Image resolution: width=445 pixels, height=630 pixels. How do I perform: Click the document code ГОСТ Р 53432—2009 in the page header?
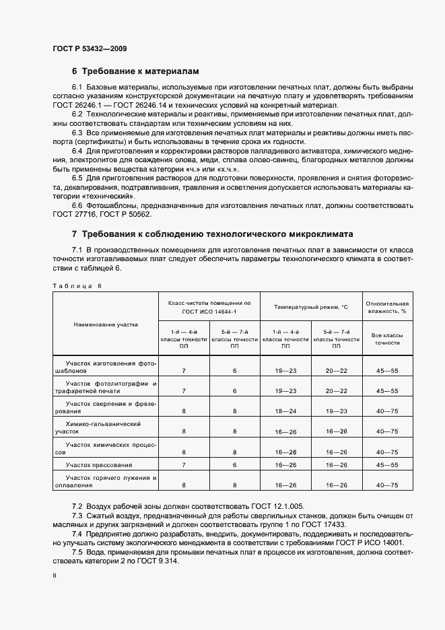89,48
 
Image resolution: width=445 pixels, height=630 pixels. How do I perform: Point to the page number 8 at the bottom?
54,575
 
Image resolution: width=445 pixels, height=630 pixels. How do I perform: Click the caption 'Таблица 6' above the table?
77,286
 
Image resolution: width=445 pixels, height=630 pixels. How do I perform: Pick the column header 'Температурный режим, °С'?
310,307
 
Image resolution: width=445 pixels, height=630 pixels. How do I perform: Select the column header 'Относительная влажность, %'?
387,307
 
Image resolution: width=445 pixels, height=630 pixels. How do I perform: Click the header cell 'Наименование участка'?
106,324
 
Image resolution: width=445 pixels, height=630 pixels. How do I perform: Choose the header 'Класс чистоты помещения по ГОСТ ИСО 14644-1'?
209,307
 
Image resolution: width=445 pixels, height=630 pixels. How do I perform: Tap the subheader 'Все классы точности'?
387,338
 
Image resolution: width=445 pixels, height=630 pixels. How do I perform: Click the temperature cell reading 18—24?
285,410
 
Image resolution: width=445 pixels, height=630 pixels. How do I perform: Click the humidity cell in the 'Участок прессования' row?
387,465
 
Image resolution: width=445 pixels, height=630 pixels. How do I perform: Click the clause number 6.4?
77,151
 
